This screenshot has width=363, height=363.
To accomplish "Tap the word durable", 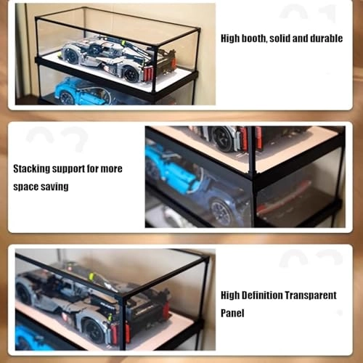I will pos(324,38).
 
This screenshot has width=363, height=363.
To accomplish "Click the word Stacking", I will pos(34,168).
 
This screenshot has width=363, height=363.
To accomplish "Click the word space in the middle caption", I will pos(26,187).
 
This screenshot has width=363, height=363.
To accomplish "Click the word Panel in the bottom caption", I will pos(234,313).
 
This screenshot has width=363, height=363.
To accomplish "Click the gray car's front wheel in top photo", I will pos(71,57).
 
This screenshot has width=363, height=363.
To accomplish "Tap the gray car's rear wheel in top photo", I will pos(131,73).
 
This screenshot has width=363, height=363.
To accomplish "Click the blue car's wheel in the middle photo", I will pos(221,211).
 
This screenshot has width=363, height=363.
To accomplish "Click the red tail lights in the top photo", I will pos(150,73).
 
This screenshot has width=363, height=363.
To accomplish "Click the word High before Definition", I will pos(232,295).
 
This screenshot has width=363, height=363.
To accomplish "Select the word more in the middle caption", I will pos(113,168).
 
